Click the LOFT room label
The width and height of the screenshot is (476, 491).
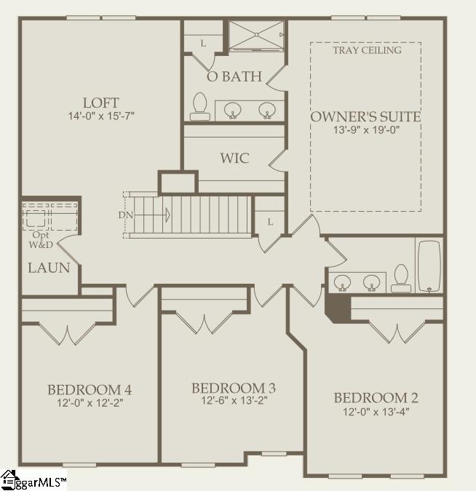(x=100, y=103)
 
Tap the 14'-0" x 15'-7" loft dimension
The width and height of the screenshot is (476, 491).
(x=100, y=116)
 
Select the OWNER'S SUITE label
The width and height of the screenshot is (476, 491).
(x=365, y=116)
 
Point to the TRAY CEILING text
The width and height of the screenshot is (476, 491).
(x=366, y=50)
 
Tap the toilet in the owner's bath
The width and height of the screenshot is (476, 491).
(x=199, y=107)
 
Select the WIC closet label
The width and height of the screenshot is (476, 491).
(x=234, y=158)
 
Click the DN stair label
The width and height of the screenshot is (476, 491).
(x=125, y=215)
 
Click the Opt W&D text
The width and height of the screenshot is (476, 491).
(x=41, y=240)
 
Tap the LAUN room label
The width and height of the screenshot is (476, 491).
(x=49, y=268)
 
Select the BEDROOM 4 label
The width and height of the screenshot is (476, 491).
(x=90, y=388)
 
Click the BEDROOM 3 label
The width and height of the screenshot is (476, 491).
(x=233, y=388)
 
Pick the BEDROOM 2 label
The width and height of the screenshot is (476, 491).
(x=376, y=398)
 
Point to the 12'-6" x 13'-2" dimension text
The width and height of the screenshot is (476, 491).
(x=233, y=400)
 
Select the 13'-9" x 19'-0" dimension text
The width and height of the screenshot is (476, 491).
(x=365, y=129)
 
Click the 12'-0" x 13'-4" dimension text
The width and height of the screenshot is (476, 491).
(x=376, y=411)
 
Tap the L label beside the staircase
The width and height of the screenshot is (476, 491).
(x=269, y=221)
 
